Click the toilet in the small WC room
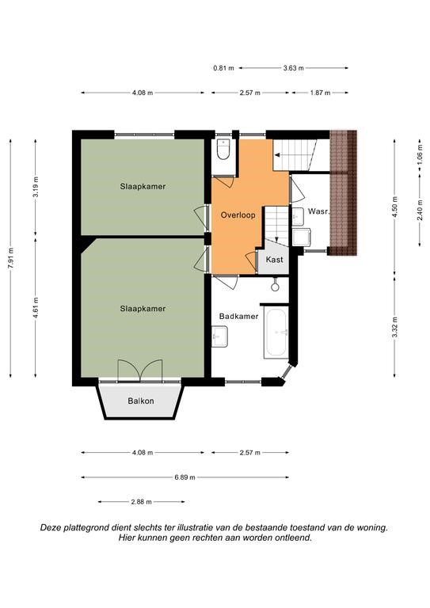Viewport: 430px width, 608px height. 223,150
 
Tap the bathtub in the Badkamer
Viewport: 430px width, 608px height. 276,332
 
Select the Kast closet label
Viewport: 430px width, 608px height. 274,260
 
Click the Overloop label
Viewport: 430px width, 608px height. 238,215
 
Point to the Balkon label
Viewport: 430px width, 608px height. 141,401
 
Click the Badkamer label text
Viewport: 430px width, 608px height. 238,317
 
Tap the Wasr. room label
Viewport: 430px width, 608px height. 318,211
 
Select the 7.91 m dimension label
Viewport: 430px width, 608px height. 11,258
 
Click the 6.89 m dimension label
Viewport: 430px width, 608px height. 185,477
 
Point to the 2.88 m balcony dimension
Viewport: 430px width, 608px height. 141,502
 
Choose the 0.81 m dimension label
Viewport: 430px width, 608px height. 224,68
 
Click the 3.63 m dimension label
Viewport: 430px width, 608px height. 293,68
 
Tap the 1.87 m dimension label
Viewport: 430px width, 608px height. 320,93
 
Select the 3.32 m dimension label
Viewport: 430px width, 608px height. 394,327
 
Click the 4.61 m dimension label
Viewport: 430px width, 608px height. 36,308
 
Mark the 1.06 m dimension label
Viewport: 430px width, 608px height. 420,154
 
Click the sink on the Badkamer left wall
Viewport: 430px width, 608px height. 219,336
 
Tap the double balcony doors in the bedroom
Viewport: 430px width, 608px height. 139,371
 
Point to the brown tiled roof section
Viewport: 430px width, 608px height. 343,192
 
